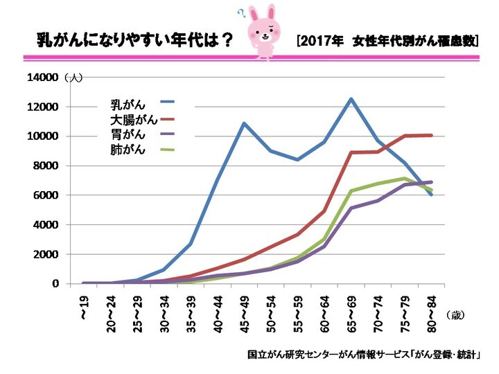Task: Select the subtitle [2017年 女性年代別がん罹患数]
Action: pos(387,40)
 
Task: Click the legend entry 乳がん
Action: pos(128,105)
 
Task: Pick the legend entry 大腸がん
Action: pos(134,120)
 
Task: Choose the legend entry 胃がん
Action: pos(128,135)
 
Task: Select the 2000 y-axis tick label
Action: pos(45,254)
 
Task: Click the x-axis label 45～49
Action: pos(244,312)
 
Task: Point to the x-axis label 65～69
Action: pos(351,312)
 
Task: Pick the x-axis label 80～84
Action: pos(432,312)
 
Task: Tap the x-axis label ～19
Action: pos(84,305)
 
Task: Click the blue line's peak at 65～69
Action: pos(351,99)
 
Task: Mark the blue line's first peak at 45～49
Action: pos(244,123)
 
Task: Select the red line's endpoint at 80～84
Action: pos(432,135)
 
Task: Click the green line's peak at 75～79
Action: pos(405,179)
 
